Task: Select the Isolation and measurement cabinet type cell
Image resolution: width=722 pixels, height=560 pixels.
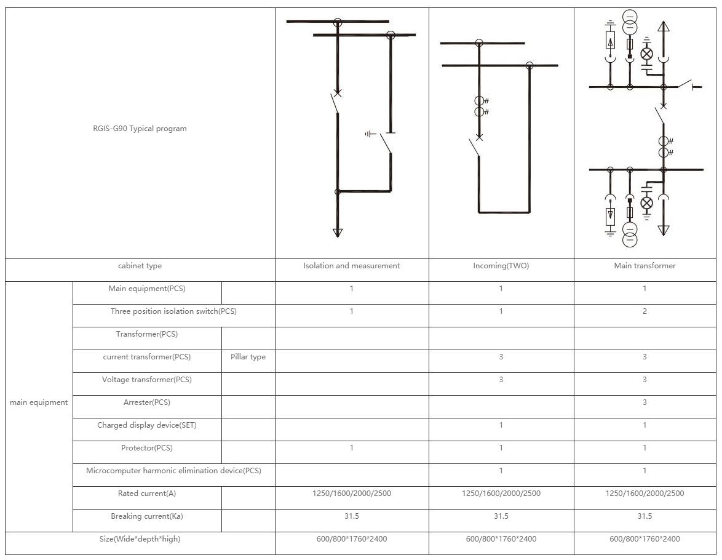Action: click(x=351, y=266)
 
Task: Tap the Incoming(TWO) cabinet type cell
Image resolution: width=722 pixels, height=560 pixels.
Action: click(x=501, y=266)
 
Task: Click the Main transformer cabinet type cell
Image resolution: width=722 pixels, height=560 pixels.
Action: click(x=645, y=266)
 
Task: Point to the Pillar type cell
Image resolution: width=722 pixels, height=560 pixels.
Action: click(x=248, y=357)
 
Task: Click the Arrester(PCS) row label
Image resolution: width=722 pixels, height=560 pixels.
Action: click(x=146, y=402)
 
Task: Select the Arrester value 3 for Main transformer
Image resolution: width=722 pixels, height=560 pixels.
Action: click(x=645, y=402)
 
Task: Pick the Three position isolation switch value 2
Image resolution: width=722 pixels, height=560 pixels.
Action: click(x=645, y=311)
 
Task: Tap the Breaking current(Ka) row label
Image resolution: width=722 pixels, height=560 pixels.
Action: click(x=146, y=516)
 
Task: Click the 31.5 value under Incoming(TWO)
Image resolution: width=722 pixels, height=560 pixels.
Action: click(x=501, y=516)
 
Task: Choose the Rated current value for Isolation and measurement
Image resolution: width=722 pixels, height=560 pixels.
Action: click(x=351, y=494)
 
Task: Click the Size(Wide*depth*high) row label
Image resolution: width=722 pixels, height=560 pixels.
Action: click(x=140, y=539)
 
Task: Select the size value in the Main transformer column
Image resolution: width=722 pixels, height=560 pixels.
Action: click(x=645, y=539)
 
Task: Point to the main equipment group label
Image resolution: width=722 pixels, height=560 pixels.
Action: click(x=39, y=402)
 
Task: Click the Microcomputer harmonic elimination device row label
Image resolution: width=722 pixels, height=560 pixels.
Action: click(x=173, y=471)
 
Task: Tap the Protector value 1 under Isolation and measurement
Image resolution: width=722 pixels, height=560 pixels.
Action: click(x=351, y=448)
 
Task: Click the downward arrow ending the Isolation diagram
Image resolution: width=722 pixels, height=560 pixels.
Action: click(x=337, y=232)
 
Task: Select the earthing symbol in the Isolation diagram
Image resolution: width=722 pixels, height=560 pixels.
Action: click(x=370, y=134)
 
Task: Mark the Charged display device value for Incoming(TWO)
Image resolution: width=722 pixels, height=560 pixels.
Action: click(x=501, y=425)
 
